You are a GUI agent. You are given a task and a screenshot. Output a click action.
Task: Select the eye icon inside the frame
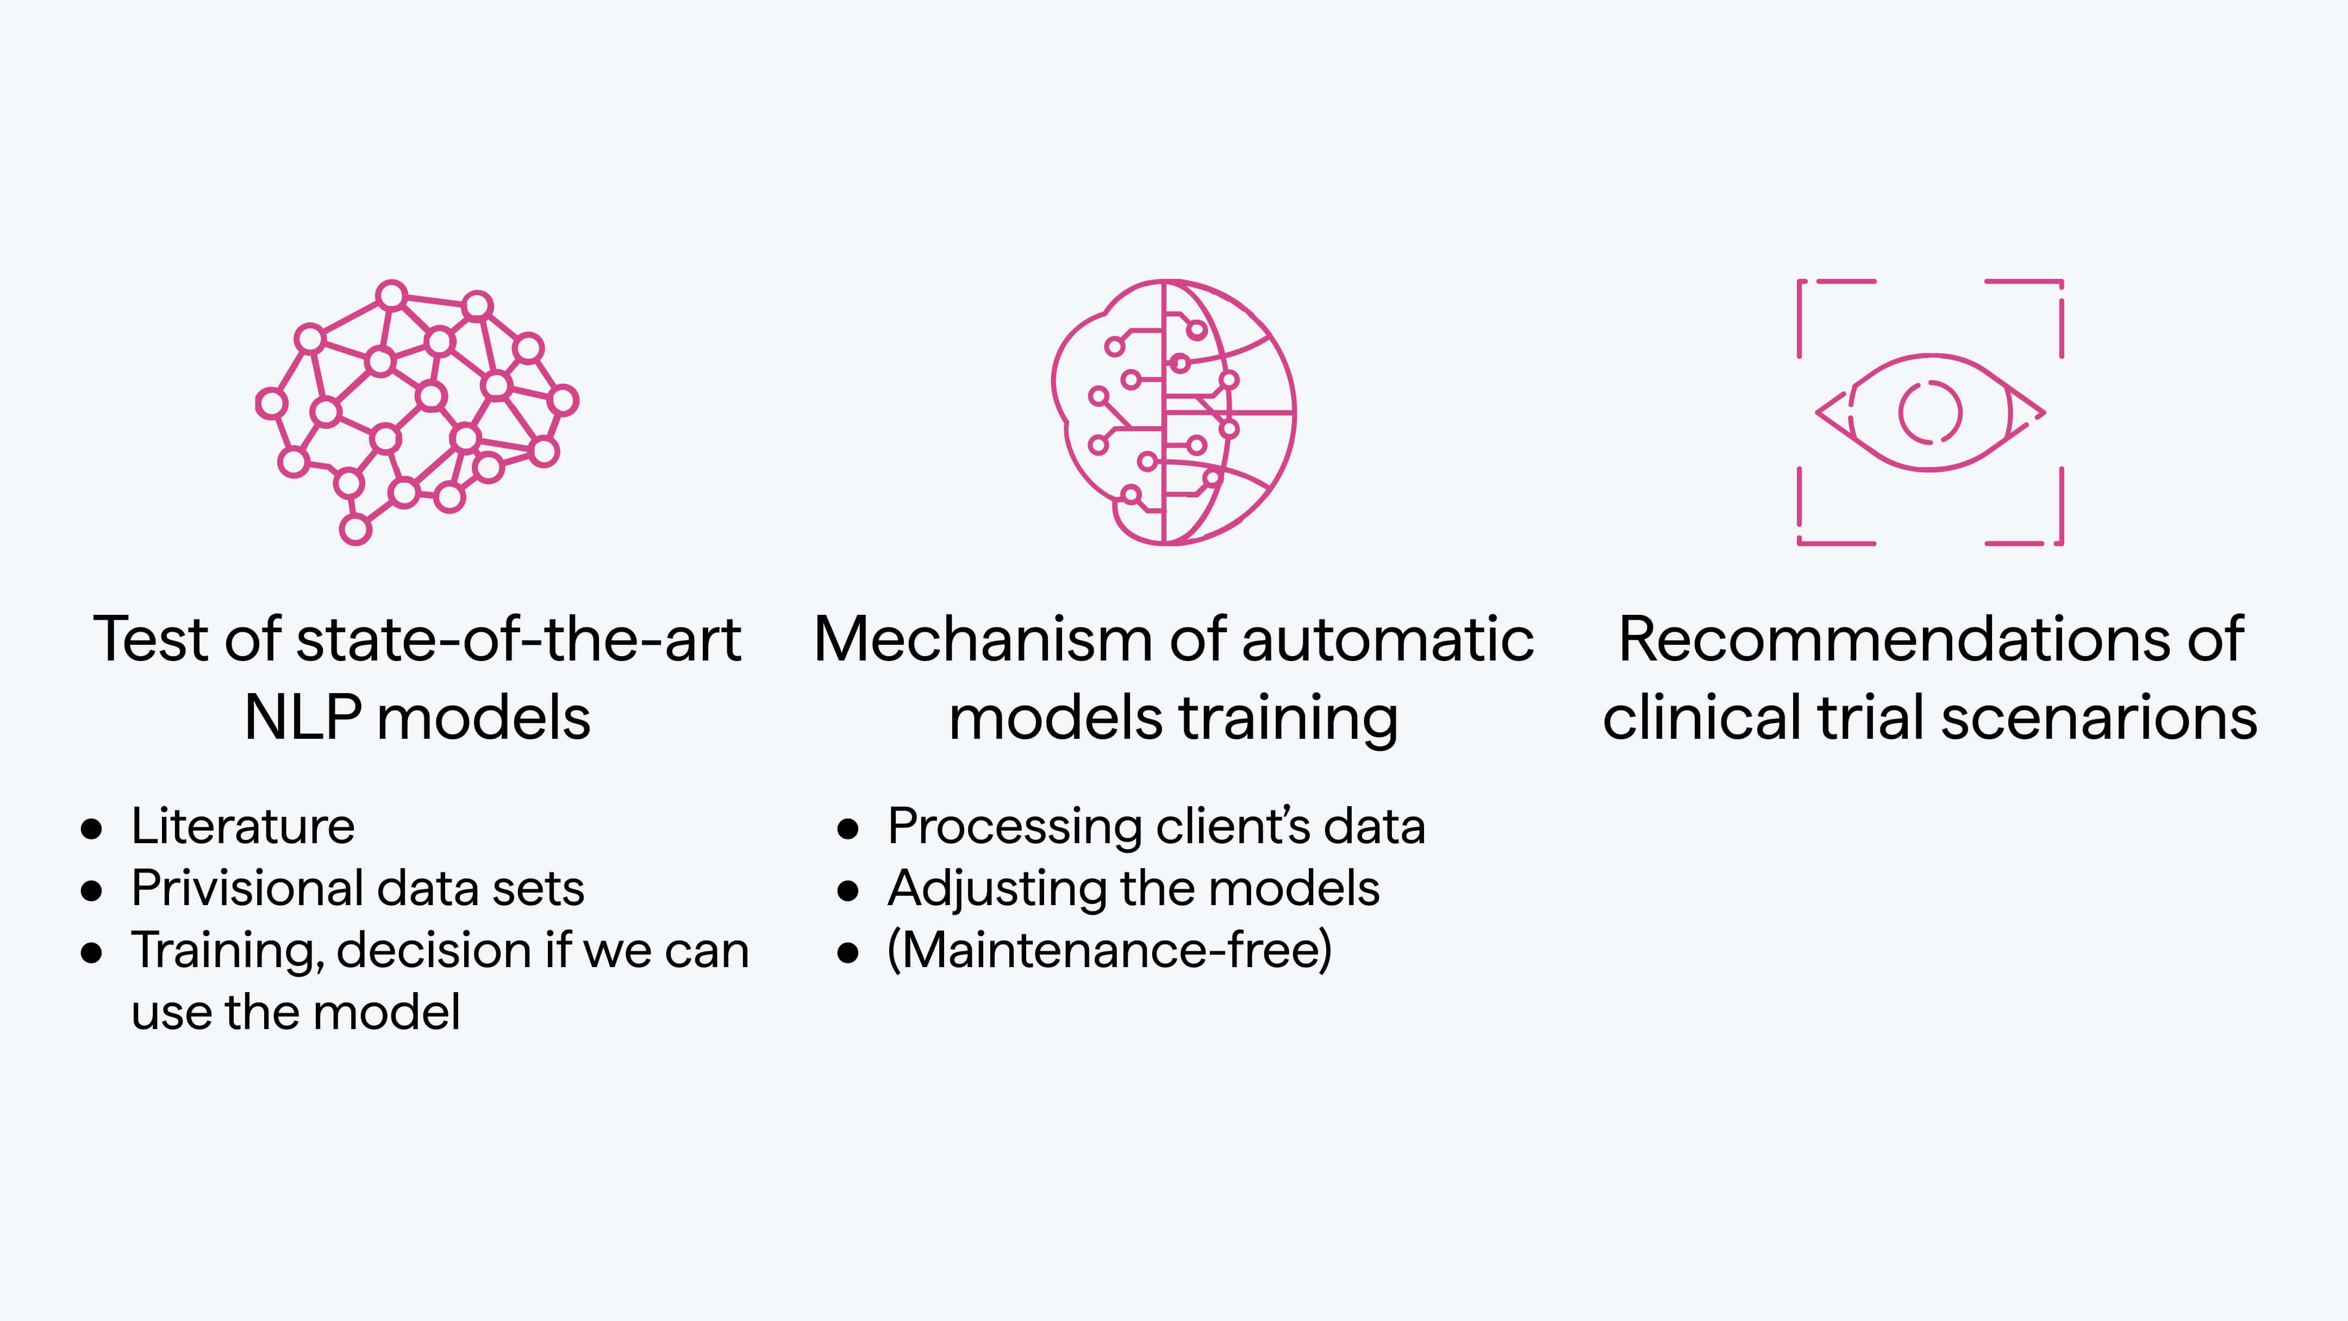(1929, 412)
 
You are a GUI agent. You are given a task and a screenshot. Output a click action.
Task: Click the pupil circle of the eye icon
(1929, 412)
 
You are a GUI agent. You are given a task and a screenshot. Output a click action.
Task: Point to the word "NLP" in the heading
(303, 718)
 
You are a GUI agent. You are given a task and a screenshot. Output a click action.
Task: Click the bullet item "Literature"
(242, 827)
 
